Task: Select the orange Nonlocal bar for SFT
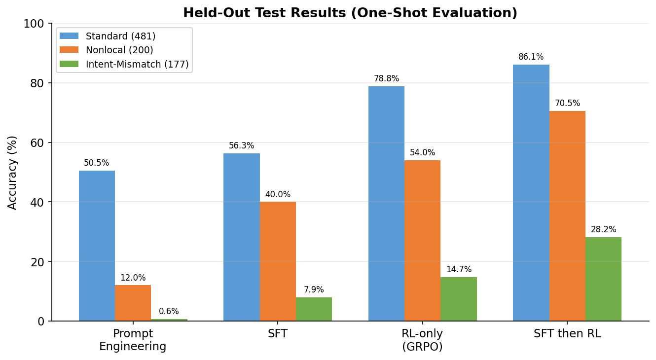pyautogui.click(x=278, y=261)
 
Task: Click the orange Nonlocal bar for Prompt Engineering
pyautogui.click(x=133, y=303)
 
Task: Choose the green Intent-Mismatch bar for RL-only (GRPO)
pyautogui.click(x=459, y=299)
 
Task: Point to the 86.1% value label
pyautogui.click(x=531, y=57)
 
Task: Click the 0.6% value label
pyautogui.click(x=169, y=312)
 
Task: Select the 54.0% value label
pyautogui.click(x=422, y=153)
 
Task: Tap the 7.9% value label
pyautogui.click(x=314, y=290)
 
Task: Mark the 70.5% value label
pyautogui.click(x=567, y=104)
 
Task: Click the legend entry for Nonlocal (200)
pyautogui.click(x=119, y=50)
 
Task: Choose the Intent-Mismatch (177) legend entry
pyautogui.click(x=137, y=65)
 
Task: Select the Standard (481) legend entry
pyautogui.click(x=120, y=36)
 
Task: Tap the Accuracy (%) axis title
pyautogui.click(x=13, y=172)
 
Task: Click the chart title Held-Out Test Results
pyautogui.click(x=350, y=13)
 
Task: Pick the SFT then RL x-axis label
pyautogui.click(x=567, y=334)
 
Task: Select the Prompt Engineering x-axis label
pyautogui.click(x=133, y=340)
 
